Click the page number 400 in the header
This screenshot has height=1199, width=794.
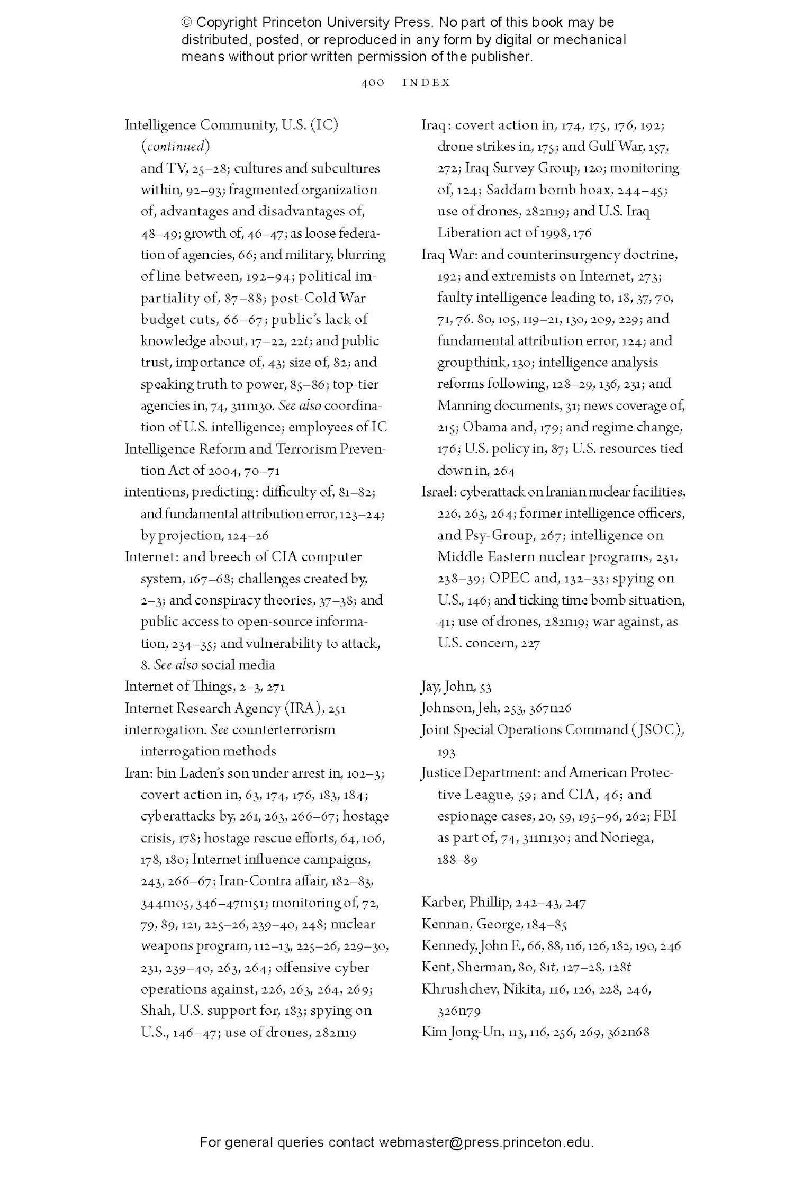click(372, 83)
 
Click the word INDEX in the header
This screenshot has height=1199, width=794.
click(426, 83)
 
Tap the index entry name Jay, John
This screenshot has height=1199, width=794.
click(448, 687)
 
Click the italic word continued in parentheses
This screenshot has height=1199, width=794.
click(175, 146)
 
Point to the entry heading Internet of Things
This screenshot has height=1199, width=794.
click(178, 687)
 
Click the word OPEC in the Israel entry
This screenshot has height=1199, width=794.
click(509, 578)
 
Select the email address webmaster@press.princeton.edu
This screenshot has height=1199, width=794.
click(485, 1142)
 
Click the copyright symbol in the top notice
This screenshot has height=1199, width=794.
click(186, 23)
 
